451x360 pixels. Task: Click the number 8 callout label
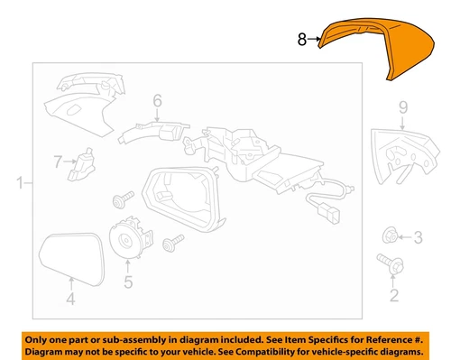click(x=302, y=39)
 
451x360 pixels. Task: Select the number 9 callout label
click(x=403, y=109)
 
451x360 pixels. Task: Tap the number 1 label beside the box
click(x=19, y=186)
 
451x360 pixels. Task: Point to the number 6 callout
click(x=156, y=101)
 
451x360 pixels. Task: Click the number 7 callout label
click(x=58, y=162)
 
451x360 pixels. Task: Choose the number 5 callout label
click(x=127, y=282)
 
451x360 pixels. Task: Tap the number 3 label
click(x=417, y=238)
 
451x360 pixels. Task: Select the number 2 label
click(x=392, y=295)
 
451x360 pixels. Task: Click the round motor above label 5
click(x=126, y=238)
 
